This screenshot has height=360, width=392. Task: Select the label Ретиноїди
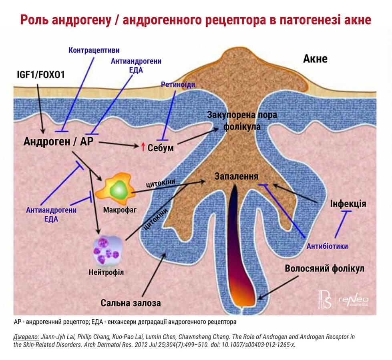coord(175,84)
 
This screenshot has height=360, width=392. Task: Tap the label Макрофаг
coord(115,210)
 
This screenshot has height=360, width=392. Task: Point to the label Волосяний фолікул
coord(324,268)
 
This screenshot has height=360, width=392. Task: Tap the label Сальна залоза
coord(131,303)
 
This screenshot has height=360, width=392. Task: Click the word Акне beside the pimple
coord(315,59)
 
